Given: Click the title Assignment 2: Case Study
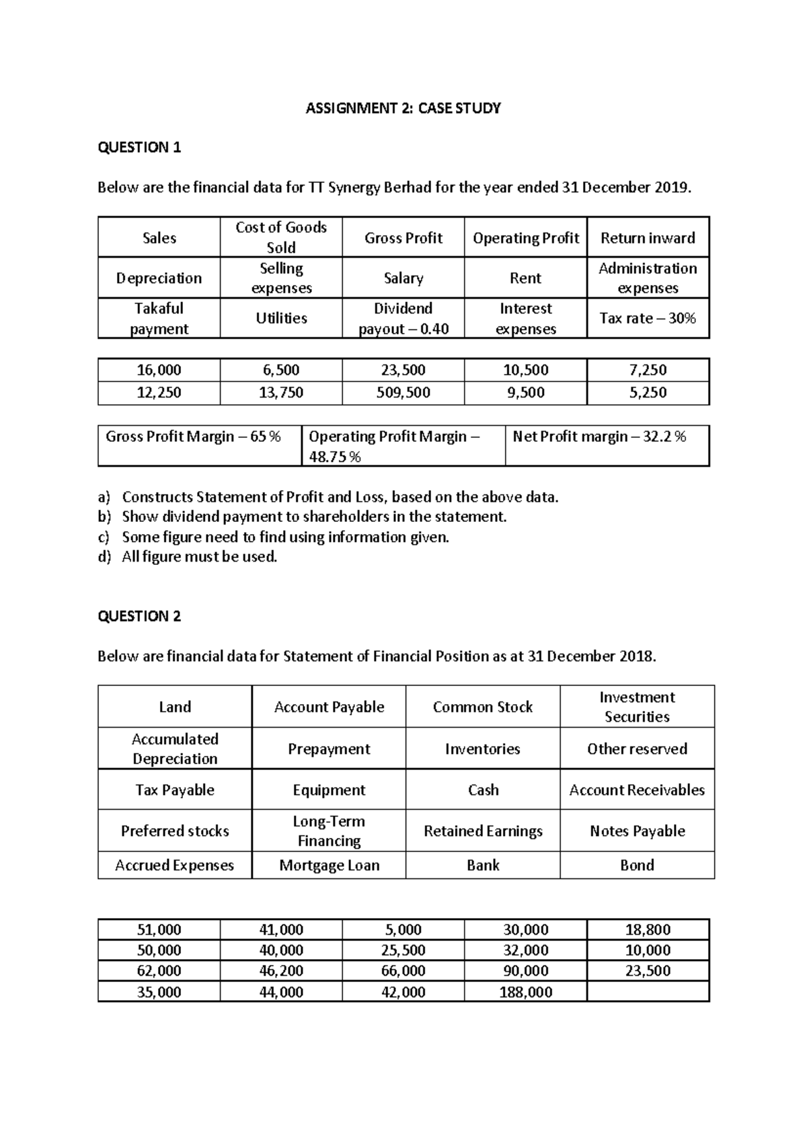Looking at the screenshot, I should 403,108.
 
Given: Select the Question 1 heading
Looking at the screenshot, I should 139,147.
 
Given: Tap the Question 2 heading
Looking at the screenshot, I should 139,616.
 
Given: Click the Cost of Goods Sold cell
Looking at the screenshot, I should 281,237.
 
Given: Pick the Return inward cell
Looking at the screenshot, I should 648,238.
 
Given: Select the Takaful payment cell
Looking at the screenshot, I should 159,318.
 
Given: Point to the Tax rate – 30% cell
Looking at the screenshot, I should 648,318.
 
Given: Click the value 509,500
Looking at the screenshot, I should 403,393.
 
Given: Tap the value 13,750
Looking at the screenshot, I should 281,393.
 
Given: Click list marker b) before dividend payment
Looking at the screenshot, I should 104,517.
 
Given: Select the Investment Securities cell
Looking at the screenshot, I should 637,707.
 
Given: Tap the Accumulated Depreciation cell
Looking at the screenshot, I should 175,749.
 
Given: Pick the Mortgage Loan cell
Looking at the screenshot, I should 329,866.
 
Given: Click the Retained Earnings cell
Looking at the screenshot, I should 483,831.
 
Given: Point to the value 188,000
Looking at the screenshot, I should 525,992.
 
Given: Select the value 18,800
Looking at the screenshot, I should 648,930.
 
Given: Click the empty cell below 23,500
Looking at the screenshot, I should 648,992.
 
